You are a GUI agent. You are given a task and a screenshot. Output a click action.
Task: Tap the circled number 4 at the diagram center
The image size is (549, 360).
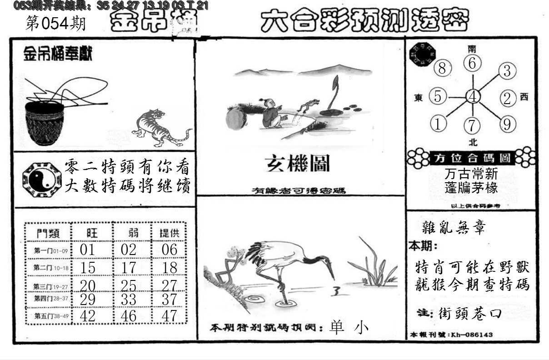point(473,96)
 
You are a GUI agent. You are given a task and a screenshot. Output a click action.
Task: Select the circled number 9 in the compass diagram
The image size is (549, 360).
point(507,124)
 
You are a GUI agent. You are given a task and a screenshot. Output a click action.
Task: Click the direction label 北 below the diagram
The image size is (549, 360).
point(473,142)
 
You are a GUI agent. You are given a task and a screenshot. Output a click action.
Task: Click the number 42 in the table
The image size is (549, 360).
point(88,316)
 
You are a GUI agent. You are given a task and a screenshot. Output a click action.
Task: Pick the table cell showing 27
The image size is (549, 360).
point(170,285)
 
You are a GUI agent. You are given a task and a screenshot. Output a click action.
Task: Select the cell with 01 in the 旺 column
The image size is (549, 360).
point(88,250)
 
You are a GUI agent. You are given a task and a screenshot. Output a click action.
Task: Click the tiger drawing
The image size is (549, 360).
point(159,128)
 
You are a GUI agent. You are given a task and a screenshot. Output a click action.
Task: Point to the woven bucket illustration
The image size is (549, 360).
point(45,122)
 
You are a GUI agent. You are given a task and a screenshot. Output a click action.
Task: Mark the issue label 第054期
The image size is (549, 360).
point(55,24)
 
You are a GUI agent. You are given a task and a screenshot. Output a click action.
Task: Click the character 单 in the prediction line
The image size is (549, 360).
point(337,328)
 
